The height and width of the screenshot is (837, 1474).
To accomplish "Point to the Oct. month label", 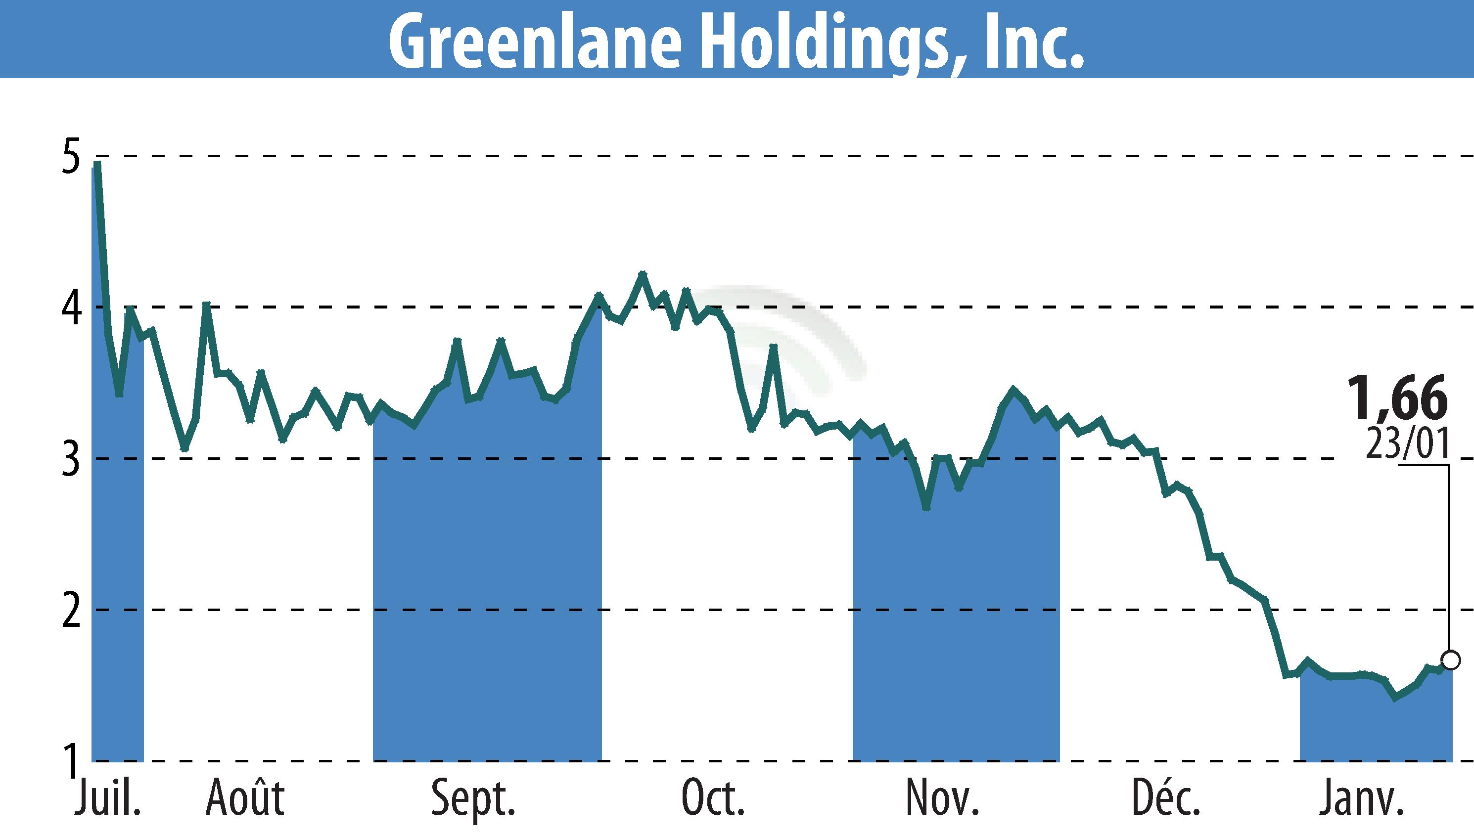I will click(713, 798).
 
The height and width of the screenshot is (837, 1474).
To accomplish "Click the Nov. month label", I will click(942, 798).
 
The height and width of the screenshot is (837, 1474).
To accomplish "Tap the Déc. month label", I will click(1166, 798).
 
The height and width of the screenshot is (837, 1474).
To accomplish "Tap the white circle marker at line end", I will click(1451, 661).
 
